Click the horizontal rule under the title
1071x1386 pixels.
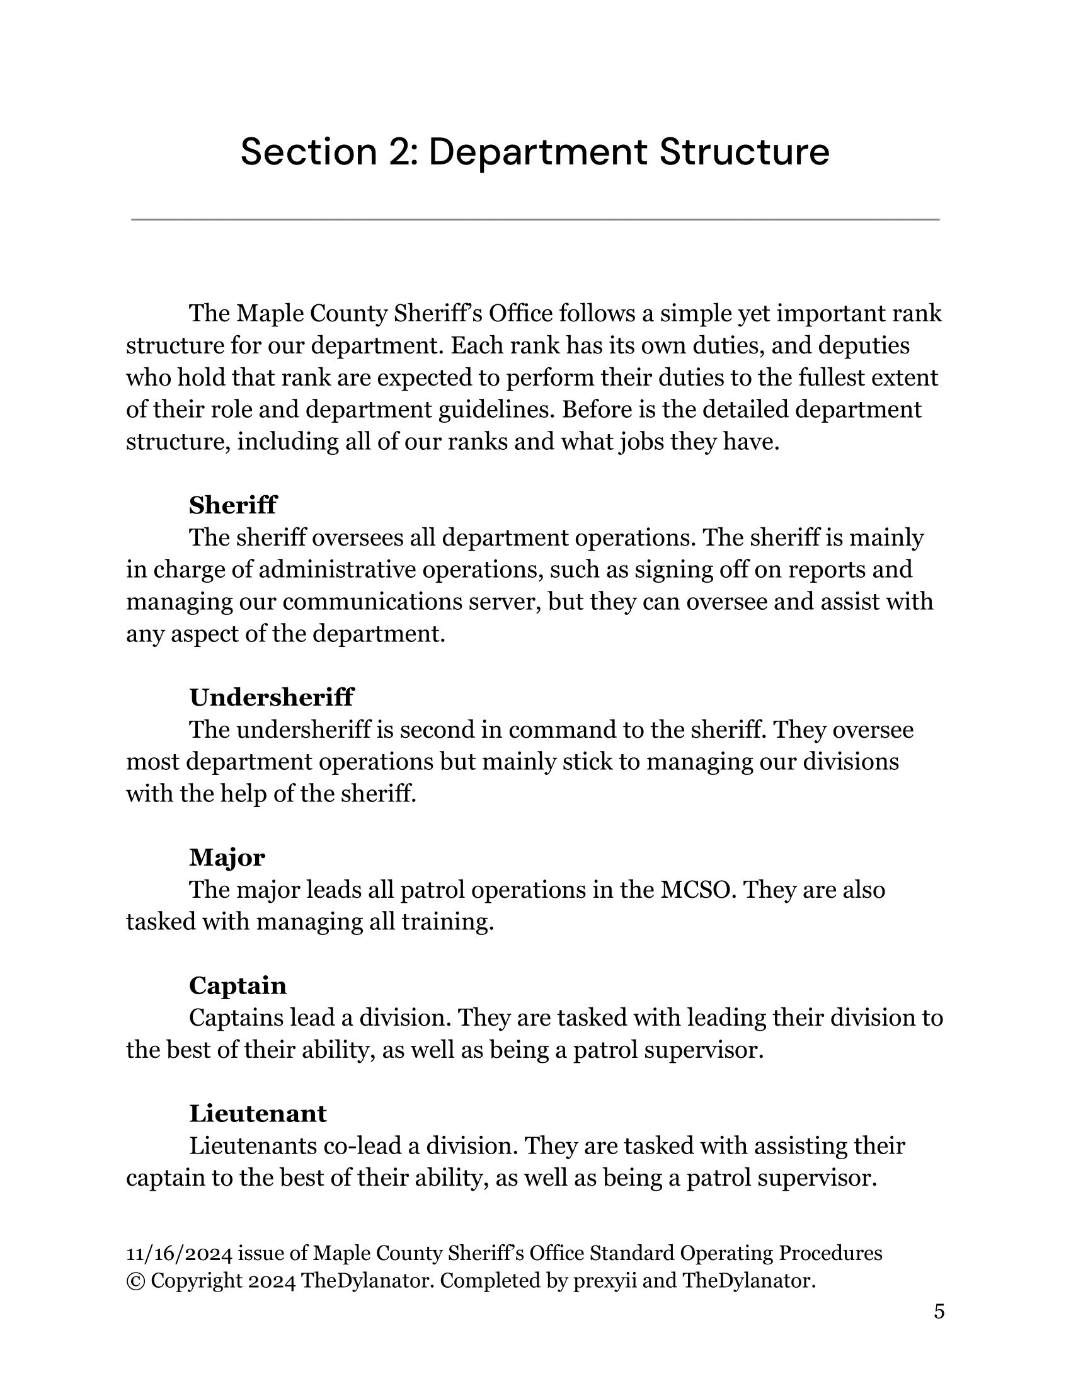tap(535, 220)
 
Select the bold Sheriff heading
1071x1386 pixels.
tap(233, 505)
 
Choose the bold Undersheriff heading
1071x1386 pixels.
tap(271, 697)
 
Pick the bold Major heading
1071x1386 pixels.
tap(227, 857)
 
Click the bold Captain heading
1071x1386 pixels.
tap(238, 985)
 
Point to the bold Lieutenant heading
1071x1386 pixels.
tap(258, 1114)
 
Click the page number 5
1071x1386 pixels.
tap(939, 1311)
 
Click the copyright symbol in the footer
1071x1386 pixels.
tap(135, 1281)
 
